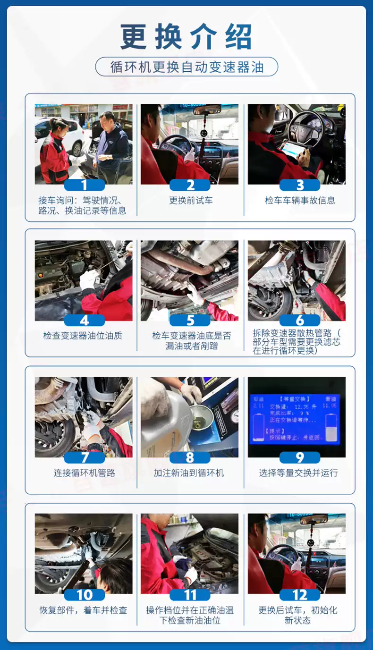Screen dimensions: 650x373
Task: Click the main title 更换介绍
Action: pos(186,36)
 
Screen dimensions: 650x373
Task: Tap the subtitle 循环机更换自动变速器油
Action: pos(186,67)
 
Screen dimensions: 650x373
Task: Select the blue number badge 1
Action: pos(84,185)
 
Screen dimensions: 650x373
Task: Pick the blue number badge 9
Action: pos(299,457)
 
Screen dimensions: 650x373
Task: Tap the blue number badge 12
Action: pos(299,595)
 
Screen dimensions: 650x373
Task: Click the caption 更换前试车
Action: pos(191,200)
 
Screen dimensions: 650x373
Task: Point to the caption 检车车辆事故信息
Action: pos(299,200)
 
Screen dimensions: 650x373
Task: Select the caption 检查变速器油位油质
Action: pos(83,336)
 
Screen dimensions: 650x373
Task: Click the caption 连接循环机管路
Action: pos(84,473)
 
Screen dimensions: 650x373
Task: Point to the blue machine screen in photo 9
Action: pos(295,418)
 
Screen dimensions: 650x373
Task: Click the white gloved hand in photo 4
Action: pos(87,281)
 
